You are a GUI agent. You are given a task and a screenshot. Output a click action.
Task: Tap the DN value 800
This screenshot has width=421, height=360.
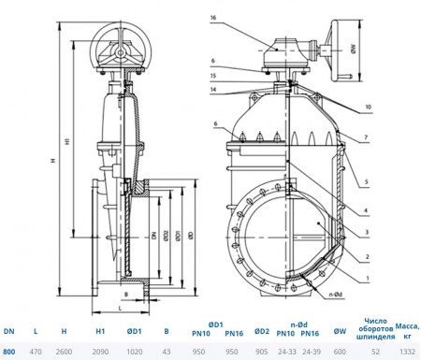point(8,352)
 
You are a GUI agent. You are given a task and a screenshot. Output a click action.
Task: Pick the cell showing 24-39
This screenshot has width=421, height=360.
point(312,352)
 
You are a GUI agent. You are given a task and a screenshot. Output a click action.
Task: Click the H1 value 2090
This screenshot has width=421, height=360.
point(99,352)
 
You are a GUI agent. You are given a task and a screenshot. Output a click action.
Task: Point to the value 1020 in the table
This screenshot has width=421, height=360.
point(133,352)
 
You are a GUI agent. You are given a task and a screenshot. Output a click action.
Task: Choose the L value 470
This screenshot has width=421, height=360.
point(36,352)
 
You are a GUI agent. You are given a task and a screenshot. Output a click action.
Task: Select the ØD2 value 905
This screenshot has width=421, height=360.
point(263,352)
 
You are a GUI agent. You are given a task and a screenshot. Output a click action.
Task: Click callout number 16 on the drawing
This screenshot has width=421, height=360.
point(213,18)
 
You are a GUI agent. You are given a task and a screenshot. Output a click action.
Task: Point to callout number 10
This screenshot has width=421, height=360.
point(369,108)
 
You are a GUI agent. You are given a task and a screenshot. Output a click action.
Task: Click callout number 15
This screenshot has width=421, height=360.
point(213,75)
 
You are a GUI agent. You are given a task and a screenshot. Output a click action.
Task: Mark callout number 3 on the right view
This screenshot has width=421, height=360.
point(368,231)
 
